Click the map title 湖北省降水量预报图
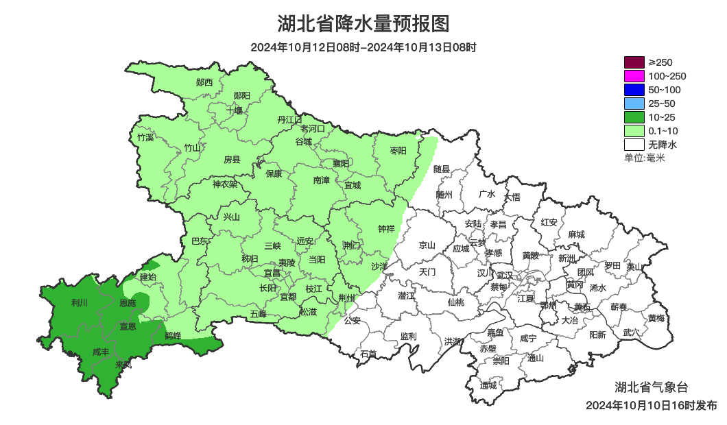click(x=363, y=24)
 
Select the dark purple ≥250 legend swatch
click(x=634, y=62)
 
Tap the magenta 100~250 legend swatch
click(x=634, y=76)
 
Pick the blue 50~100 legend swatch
click(x=634, y=90)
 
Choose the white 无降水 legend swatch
click(x=634, y=145)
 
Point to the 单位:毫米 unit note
click(x=645, y=158)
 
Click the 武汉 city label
click(x=505, y=274)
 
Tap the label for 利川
click(x=80, y=302)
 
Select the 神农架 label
click(x=224, y=184)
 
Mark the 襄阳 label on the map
click(x=341, y=163)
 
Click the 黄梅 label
click(x=656, y=318)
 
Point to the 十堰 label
click(x=235, y=110)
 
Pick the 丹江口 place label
click(x=289, y=120)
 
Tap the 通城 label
click(x=488, y=385)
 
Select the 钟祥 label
click(x=387, y=229)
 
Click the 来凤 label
click(x=123, y=364)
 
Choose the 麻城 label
click(x=576, y=234)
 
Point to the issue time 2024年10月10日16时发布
click(x=652, y=405)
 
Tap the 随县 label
click(x=442, y=169)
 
